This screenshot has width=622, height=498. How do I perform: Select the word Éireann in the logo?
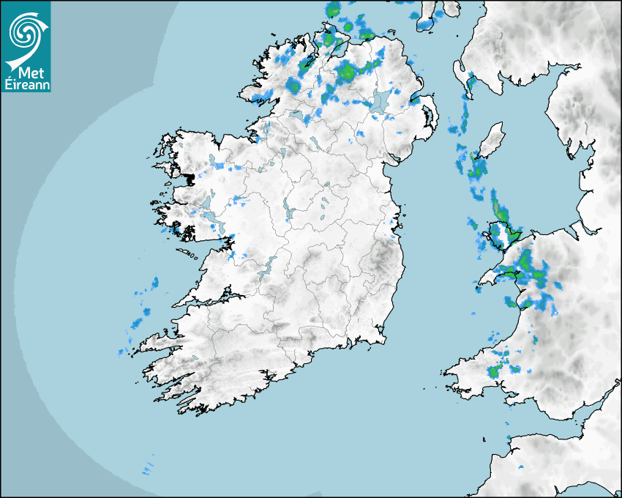point(26,84)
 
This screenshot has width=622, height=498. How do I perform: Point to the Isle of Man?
point(491,140)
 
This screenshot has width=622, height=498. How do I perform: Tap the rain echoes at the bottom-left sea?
point(148,467)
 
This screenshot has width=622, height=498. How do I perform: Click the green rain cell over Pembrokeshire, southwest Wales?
point(497,370)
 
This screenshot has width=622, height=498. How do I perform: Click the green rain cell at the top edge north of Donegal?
point(334,10)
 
